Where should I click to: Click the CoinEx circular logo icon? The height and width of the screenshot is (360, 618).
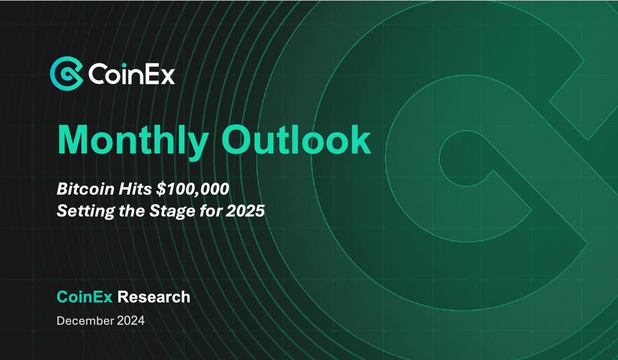click(67, 73)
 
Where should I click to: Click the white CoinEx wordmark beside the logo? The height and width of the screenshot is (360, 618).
click(131, 74)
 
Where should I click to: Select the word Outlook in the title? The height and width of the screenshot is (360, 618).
click(296, 139)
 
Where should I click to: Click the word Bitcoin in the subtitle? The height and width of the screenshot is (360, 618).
click(85, 189)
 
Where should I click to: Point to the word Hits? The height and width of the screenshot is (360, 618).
click(135, 189)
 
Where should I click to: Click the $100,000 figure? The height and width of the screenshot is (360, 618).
click(193, 189)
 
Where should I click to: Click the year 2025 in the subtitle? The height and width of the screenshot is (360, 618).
click(245, 211)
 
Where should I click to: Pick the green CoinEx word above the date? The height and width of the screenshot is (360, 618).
click(84, 297)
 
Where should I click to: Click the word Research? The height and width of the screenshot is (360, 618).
click(154, 297)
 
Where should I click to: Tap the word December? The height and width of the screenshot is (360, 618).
click(85, 321)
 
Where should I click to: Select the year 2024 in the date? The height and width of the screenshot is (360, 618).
click(131, 321)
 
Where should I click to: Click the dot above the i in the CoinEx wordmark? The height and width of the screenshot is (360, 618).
click(124, 65)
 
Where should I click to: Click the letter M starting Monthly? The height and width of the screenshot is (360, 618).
click(74, 139)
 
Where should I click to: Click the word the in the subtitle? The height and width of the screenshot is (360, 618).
click(132, 211)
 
